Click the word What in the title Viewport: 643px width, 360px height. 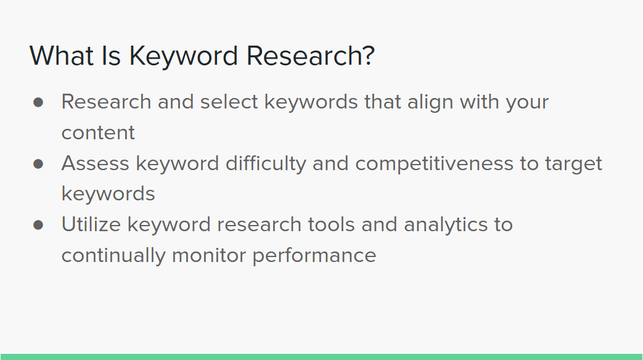point(62,55)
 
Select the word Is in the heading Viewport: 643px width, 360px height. point(111,55)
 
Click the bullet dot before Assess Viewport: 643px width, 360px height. point(38,164)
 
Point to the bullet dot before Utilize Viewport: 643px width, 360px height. point(38,225)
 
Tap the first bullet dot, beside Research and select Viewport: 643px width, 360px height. point(38,102)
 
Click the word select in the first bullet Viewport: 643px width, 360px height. point(229,102)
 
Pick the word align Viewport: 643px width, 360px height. point(430,102)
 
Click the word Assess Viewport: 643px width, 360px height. point(96,163)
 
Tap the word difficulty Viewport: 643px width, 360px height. point(266,164)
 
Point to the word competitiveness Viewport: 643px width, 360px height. point(434,164)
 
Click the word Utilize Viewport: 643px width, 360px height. point(91,225)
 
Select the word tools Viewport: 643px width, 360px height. point(331,225)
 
